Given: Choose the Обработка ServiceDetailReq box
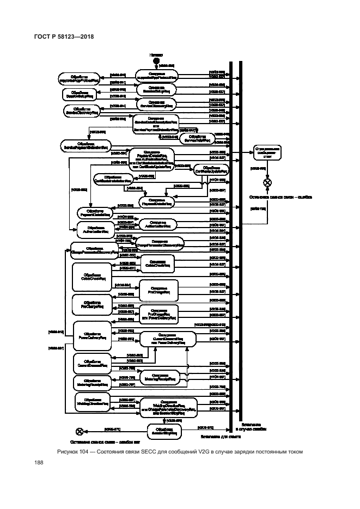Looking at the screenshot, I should (193, 139).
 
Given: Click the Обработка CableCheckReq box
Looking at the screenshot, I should (91, 276).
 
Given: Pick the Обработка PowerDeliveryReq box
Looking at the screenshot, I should (91, 334).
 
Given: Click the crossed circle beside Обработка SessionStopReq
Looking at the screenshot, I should (80, 431).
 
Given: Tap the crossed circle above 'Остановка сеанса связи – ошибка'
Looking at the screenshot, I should (267, 183).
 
